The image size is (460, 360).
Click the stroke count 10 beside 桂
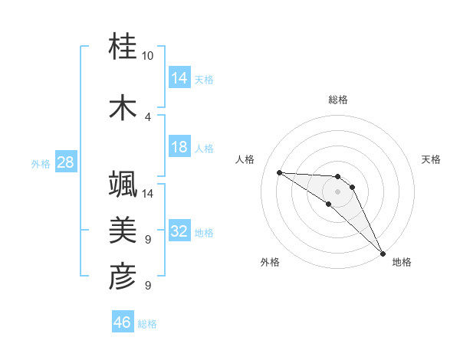[148, 56]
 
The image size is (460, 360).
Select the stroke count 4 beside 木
[148, 116]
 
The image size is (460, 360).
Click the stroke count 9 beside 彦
[148, 286]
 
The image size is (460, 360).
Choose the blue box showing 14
[179, 77]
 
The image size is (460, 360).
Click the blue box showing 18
[179, 147]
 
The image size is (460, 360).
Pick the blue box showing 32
[179, 231]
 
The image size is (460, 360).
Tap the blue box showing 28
[65, 162]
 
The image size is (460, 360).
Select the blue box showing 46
[123, 322]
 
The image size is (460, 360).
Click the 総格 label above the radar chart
[338, 100]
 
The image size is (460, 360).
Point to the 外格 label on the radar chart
[270, 262]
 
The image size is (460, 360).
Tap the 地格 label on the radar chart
[402, 262]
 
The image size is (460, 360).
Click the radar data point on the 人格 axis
[279, 172]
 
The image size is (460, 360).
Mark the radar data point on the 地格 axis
[383, 252]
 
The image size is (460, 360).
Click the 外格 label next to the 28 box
[40, 163]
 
